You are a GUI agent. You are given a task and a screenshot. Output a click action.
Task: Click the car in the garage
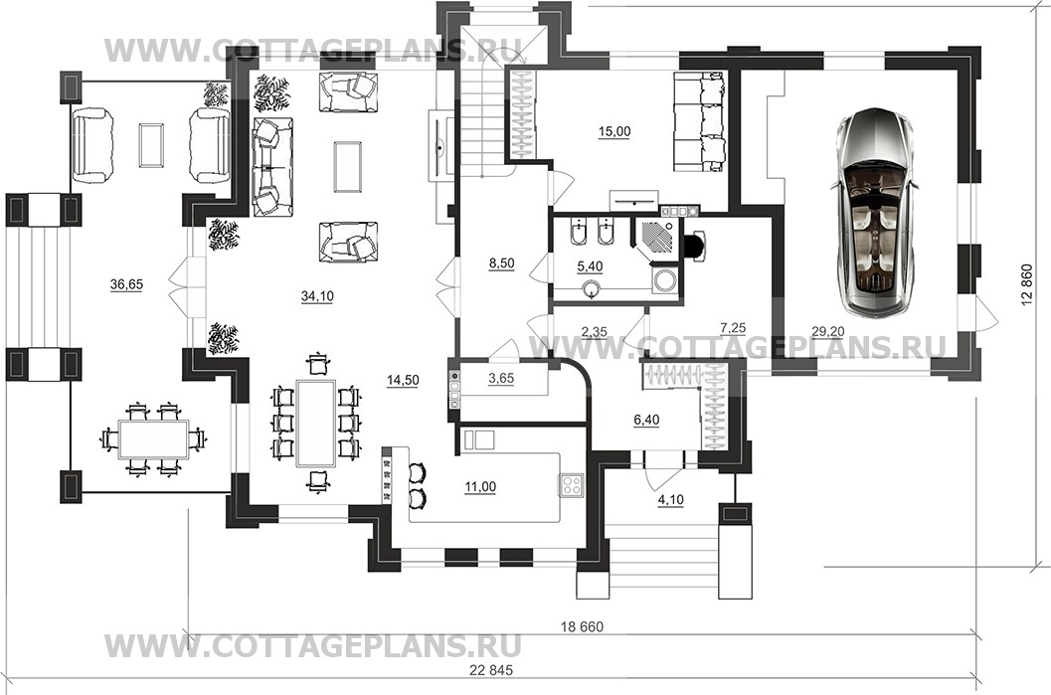(875, 212)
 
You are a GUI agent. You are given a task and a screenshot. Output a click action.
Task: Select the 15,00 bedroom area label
(613, 131)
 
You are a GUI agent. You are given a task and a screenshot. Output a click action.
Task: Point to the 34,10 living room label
(317, 295)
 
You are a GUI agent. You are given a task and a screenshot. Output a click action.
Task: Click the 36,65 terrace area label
(126, 284)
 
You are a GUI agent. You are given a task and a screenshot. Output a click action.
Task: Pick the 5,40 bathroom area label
(590, 266)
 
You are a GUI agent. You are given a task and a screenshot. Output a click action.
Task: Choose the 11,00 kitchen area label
(480, 487)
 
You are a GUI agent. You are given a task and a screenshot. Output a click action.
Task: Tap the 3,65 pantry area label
(501, 378)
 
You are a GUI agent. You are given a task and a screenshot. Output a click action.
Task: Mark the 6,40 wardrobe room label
(646, 421)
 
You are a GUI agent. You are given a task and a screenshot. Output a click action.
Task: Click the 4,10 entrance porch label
(670, 499)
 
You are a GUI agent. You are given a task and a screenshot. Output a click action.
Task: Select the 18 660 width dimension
(582, 627)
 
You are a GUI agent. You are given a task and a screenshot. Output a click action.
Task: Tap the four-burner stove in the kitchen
(571, 485)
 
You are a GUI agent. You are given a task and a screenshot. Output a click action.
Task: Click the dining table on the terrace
(153, 439)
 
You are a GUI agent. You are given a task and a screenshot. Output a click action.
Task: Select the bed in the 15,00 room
(698, 123)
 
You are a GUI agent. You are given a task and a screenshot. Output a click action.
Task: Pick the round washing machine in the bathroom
(665, 280)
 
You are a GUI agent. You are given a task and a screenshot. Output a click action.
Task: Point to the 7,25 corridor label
(733, 328)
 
